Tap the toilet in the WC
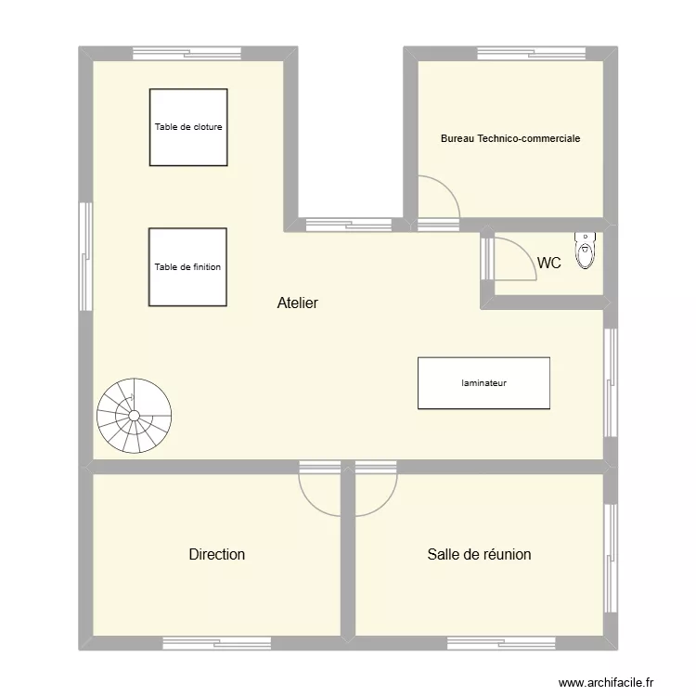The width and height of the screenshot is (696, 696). click(586, 251)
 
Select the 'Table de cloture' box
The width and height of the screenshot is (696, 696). click(188, 127)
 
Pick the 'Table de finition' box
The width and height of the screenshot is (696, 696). click(187, 266)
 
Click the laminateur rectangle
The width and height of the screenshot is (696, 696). click(483, 382)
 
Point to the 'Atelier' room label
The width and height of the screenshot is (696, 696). click(297, 303)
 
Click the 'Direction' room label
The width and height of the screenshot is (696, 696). click(217, 554)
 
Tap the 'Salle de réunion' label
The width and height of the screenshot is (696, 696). click(479, 554)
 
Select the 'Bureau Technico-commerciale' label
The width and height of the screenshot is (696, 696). click(510, 138)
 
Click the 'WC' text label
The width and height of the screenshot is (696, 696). click(549, 264)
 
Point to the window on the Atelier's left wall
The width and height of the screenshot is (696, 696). click(85, 244)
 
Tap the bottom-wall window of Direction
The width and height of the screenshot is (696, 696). click(216, 643)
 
